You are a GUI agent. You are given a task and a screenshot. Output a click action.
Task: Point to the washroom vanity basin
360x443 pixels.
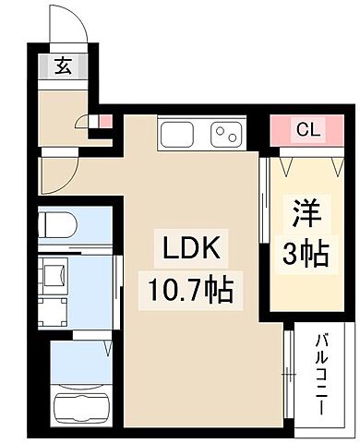point(53,275)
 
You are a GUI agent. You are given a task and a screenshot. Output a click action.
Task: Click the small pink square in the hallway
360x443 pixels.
point(104,120)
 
